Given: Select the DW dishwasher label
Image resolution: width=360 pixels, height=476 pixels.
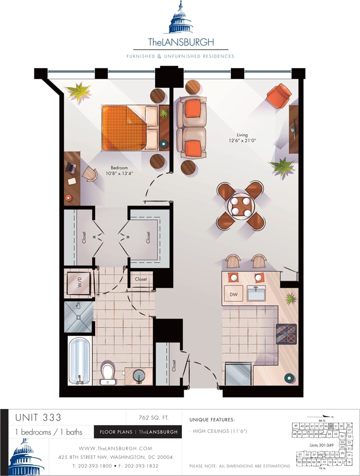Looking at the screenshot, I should tap(233, 293).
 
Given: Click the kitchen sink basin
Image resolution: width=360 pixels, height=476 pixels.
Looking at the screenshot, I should tap(256, 293).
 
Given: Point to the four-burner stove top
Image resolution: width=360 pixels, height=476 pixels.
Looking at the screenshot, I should tap(286, 334).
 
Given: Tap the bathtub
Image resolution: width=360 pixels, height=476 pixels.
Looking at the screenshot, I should tap(79, 360).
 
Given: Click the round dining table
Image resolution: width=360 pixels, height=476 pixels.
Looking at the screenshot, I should tap(241, 206).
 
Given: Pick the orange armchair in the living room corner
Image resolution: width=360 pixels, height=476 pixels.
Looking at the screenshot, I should tap(279, 95).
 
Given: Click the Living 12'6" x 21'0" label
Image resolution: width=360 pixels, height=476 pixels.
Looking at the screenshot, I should tap(242, 138).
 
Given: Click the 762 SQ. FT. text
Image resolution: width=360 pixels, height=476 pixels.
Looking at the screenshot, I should tap(153, 418).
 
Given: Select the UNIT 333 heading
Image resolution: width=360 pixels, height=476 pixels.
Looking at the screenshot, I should tap(38, 418).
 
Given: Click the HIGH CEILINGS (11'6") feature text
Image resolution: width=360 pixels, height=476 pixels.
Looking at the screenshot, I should tap(221, 431).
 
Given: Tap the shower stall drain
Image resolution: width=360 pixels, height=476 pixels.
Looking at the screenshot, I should tap(79, 317).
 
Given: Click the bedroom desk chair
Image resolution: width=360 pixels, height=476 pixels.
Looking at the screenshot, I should tap(90, 174).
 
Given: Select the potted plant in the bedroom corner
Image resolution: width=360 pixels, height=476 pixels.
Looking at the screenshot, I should tap(79, 91).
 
